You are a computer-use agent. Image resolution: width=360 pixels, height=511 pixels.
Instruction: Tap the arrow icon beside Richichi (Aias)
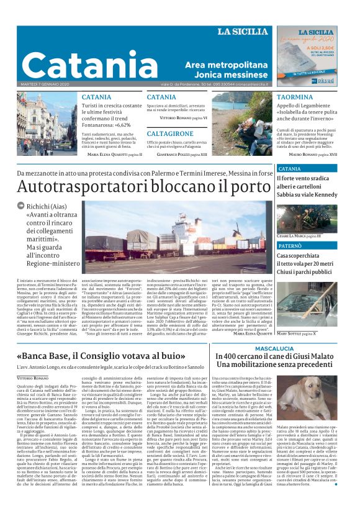click(21, 205)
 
